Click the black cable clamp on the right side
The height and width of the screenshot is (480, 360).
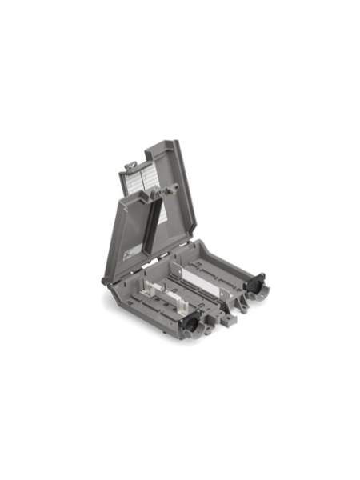(x=259, y=286)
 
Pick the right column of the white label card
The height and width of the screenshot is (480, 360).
(x=151, y=179)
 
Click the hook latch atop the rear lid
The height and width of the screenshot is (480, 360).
(x=130, y=166)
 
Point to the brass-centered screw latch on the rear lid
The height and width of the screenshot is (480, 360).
(x=170, y=191)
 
